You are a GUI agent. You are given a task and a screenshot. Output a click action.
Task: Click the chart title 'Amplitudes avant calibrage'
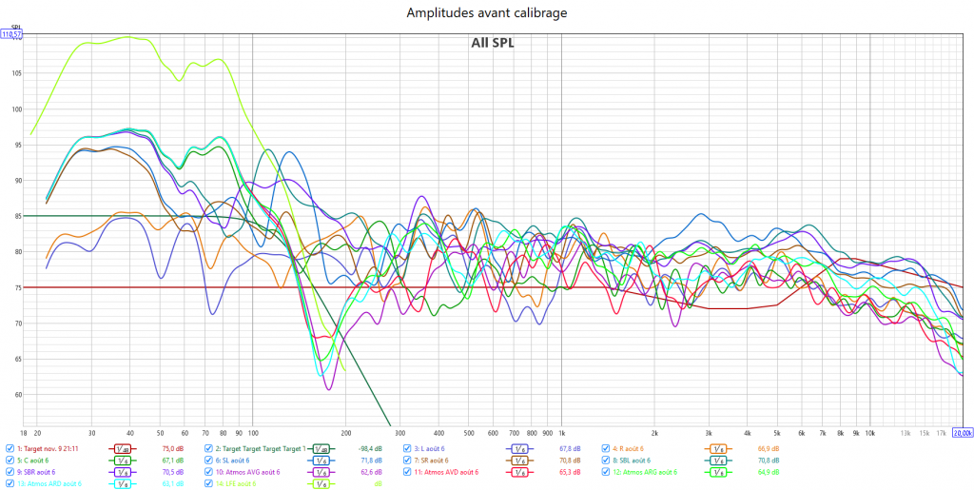[486, 13]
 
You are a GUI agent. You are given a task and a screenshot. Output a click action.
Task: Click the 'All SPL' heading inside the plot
[493, 42]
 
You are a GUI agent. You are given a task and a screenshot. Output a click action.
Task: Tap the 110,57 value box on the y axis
[11, 34]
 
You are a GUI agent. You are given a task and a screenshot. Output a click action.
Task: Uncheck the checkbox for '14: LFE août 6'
[208, 483]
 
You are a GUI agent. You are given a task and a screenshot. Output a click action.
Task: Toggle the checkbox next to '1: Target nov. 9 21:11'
[10, 448]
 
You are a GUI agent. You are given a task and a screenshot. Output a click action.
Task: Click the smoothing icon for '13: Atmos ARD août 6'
[123, 483]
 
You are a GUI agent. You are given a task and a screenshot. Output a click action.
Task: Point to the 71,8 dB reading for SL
[370, 461]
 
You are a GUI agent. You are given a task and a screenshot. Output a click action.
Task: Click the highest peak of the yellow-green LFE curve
[130, 37]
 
